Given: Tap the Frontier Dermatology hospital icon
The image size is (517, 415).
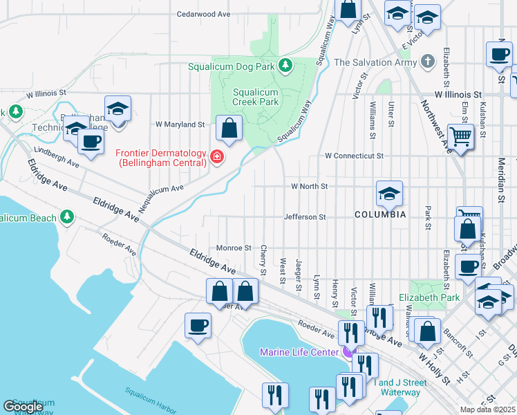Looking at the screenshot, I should pyautogui.click(x=217, y=158).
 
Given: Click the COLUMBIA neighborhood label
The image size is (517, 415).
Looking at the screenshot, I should pyautogui.click(x=380, y=214).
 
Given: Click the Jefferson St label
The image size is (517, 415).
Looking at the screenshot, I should pyautogui.click(x=305, y=216).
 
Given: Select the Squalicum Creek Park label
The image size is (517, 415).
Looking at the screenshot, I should pyautogui.click(x=256, y=97).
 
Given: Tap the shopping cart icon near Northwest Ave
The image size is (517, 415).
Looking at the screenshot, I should pyautogui.click(x=460, y=136).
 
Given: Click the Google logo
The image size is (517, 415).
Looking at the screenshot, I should pyautogui.click(x=23, y=407).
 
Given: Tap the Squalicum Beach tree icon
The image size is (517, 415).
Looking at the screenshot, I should pyautogui.click(x=67, y=217).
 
